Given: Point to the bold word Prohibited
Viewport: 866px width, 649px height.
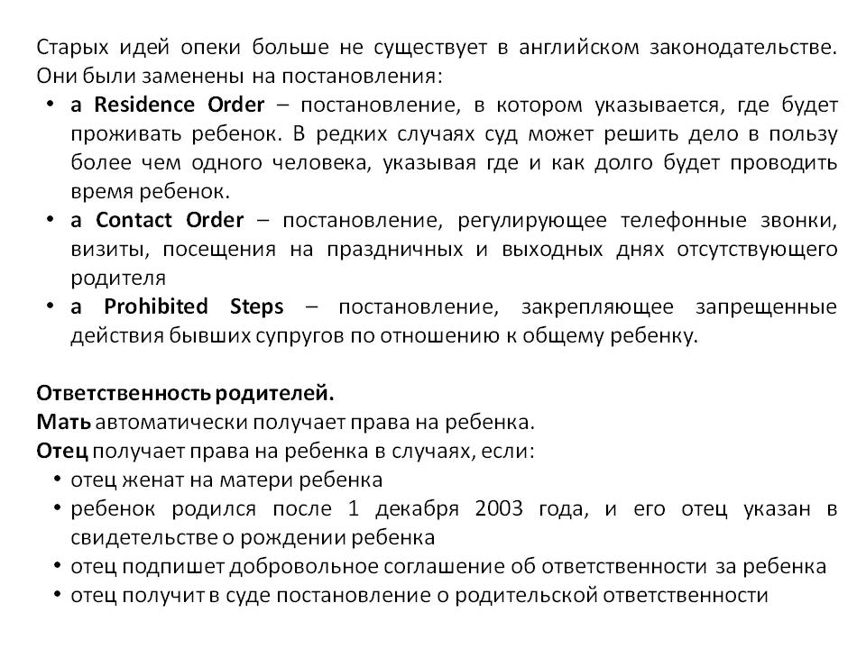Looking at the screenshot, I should click(x=155, y=306).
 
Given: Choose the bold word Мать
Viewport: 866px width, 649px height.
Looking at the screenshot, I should click(x=63, y=422).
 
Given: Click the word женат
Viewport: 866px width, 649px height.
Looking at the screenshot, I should click(x=137, y=480).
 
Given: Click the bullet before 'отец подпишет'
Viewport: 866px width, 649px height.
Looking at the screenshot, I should click(x=57, y=567).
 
